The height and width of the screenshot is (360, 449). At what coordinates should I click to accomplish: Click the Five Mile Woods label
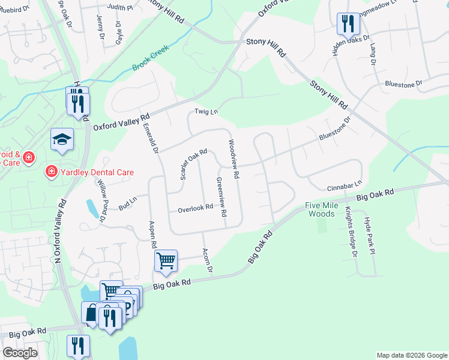[321, 209]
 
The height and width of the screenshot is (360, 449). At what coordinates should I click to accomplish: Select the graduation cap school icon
[62, 140]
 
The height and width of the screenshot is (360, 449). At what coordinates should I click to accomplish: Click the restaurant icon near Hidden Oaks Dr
[348, 25]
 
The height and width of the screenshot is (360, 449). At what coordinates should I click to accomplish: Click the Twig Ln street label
[205, 112]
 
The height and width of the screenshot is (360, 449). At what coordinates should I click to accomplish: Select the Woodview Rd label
[234, 159]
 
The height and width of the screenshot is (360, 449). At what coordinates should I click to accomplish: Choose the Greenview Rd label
[221, 197]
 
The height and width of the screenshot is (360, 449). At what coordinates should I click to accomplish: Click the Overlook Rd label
[196, 208]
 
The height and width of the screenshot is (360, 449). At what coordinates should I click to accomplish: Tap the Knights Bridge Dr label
[351, 232]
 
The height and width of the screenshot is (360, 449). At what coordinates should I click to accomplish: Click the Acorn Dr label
[208, 260]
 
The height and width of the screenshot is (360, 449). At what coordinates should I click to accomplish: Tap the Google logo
[20, 353]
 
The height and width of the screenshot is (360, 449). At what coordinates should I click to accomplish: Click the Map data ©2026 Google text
[412, 355]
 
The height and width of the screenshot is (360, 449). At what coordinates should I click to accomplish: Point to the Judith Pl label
[120, 7]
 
